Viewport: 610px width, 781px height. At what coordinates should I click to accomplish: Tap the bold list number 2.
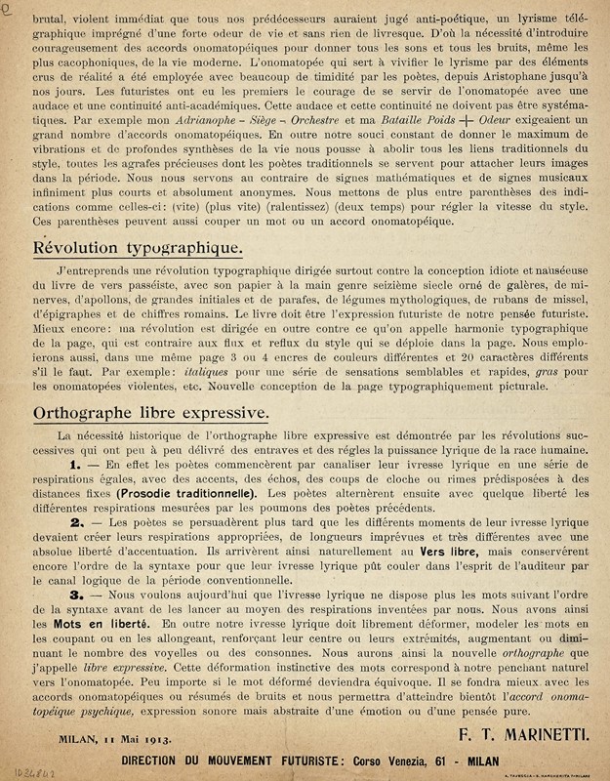[75, 522]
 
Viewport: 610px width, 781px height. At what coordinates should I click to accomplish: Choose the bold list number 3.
[75, 593]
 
